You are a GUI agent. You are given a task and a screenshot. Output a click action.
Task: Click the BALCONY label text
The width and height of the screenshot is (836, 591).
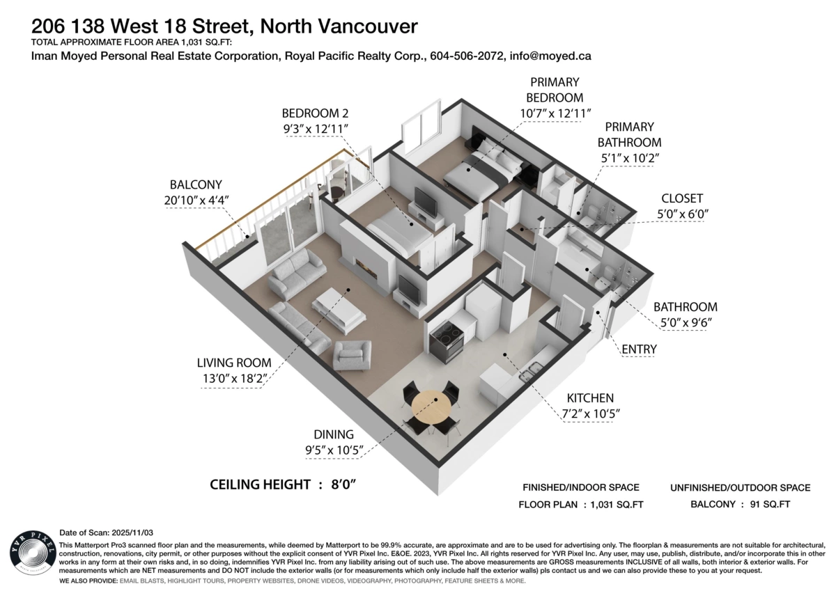click(x=196, y=184)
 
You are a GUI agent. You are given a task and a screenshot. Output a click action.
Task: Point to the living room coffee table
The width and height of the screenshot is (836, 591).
click(x=339, y=309)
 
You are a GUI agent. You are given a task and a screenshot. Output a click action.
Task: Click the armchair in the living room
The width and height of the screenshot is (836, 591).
click(x=353, y=355)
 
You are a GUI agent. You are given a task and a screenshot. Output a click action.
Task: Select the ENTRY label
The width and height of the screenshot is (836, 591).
click(x=638, y=348)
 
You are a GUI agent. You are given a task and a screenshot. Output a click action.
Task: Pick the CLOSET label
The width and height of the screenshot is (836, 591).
click(x=682, y=198)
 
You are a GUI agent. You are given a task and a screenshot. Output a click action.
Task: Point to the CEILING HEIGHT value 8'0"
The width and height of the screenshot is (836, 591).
click(x=344, y=484)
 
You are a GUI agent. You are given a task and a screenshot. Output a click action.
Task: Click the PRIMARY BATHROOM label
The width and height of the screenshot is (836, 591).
click(x=629, y=135)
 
